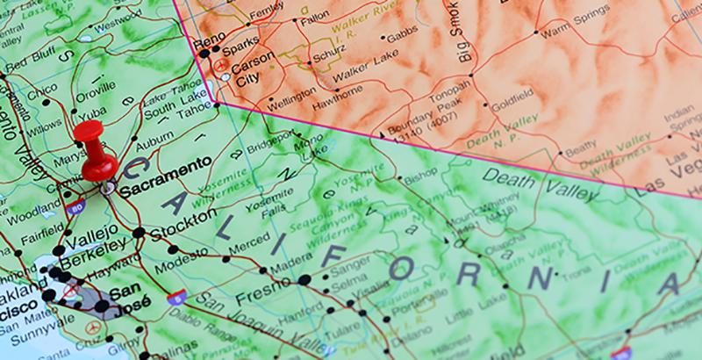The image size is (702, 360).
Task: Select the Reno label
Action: click(210, 40)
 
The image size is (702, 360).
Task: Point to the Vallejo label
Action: click(92, 232)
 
